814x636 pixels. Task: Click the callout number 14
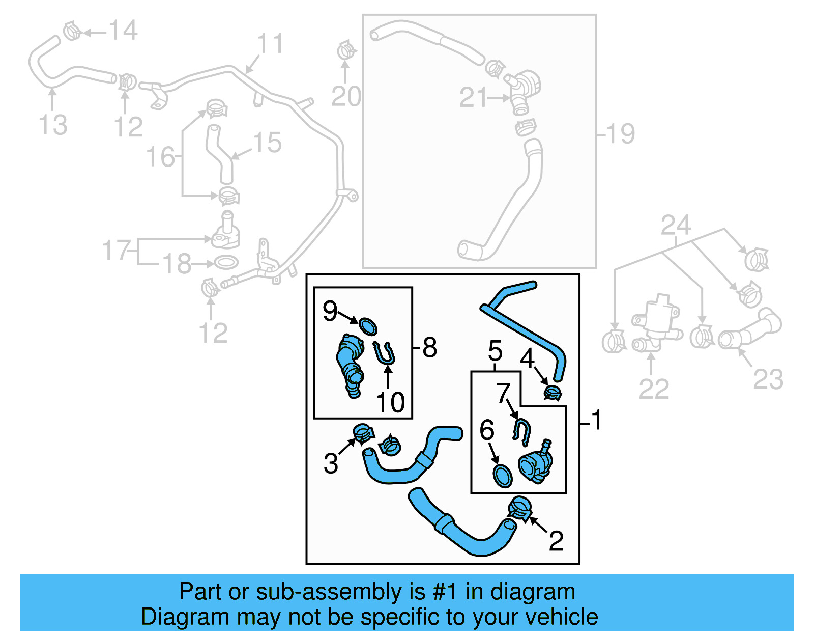click(x=123, y=31)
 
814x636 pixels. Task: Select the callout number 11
click(x=270, y=44)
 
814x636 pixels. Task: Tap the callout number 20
click(x=346, y=96)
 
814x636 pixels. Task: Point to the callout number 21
click(x=474, y=97)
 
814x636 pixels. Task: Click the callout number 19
click(x=620, y=134)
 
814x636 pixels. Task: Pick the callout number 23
click(x=768, y=379)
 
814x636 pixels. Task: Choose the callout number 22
click(x=654, y=390)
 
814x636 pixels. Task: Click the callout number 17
click(x=117, y=250)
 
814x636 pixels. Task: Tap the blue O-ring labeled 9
click(x=368, y=326)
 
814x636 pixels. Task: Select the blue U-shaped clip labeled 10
click(x=384, y=353)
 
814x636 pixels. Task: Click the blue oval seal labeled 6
click(x=503, y=476)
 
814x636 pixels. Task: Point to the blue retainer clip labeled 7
click(x=521, y=429)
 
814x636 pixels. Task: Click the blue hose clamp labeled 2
click(x=519, y=509)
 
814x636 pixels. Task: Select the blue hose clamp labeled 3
click(x=363, y=433)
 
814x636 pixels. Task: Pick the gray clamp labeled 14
click(x=72, y=31)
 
